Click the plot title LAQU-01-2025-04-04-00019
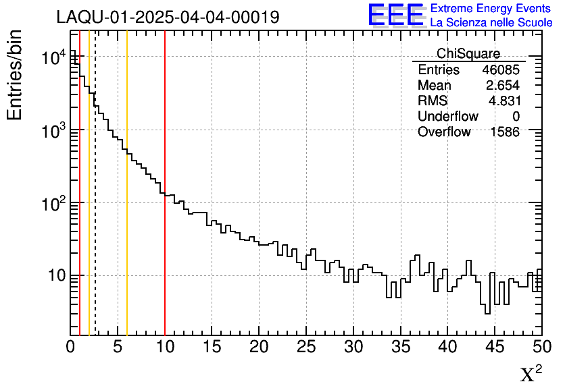(x=168, y=17)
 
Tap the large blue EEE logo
(x=395, y=15)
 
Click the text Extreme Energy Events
(x=491, y=8)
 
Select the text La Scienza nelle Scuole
(x=491, y=22)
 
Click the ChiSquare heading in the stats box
(x=468, y=53)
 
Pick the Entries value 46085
(x=501, y=70)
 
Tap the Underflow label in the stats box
(x=448, y=117)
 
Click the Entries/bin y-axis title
(x=14, y=75)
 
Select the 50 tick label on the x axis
(x=541, y=348)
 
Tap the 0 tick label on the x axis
(x=70, y=348)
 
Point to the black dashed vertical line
(x=95, y=202)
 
